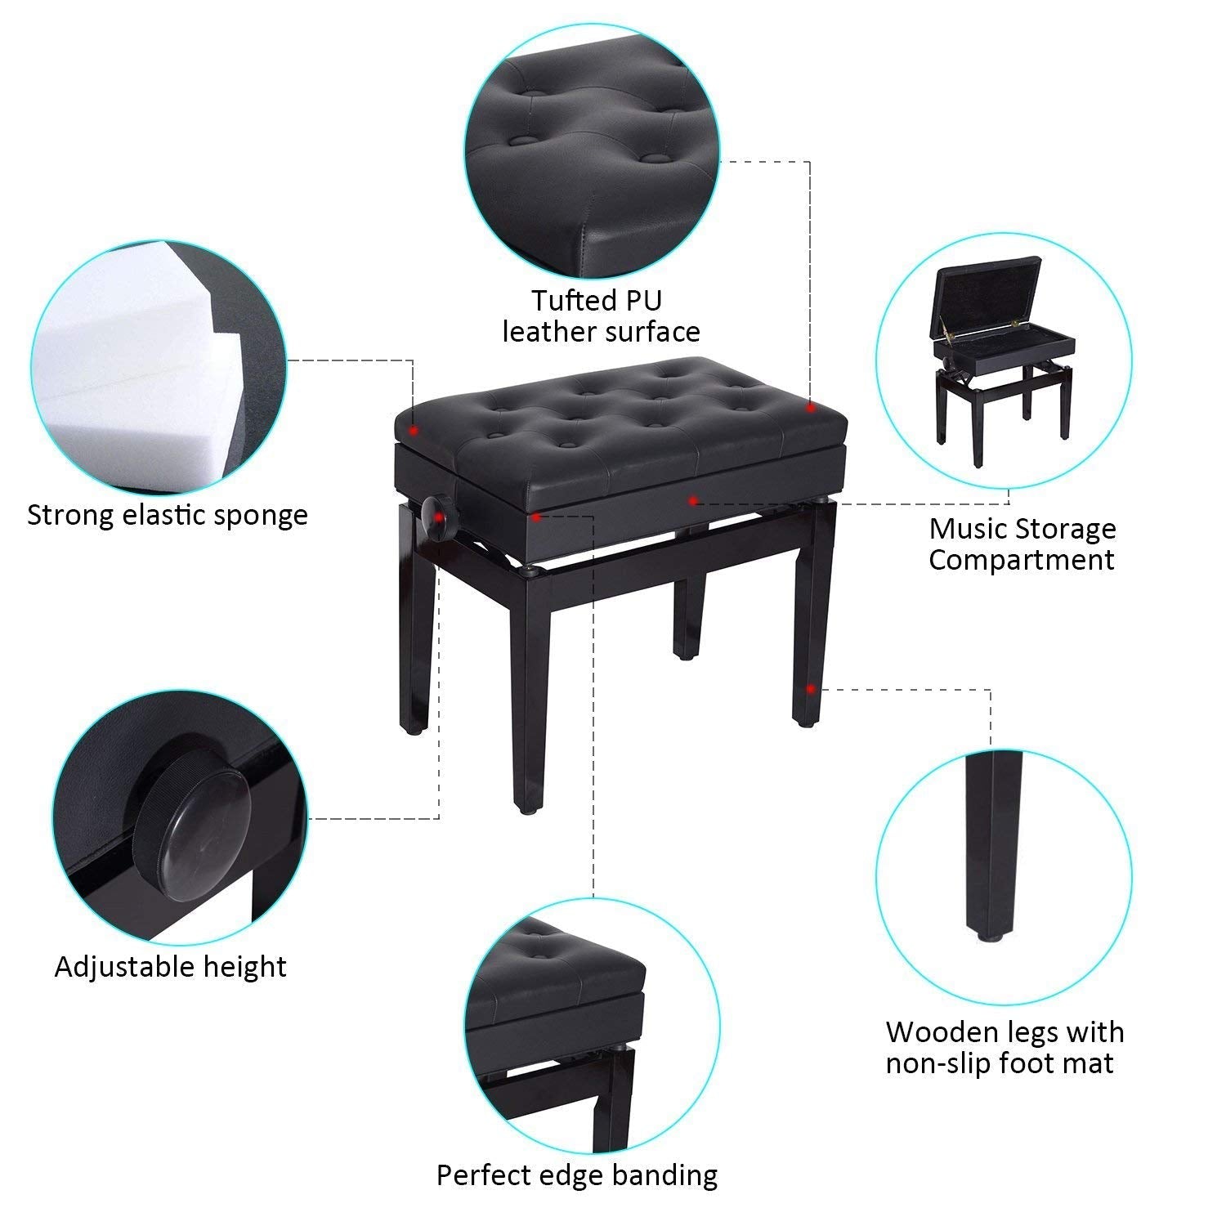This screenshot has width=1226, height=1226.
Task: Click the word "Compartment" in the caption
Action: click(1021, 560)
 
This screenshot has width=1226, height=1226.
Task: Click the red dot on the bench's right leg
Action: click(809, 688)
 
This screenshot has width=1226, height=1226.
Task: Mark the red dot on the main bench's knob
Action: click(440, 517)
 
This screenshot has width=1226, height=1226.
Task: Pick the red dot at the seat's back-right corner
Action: click(809, 406)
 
